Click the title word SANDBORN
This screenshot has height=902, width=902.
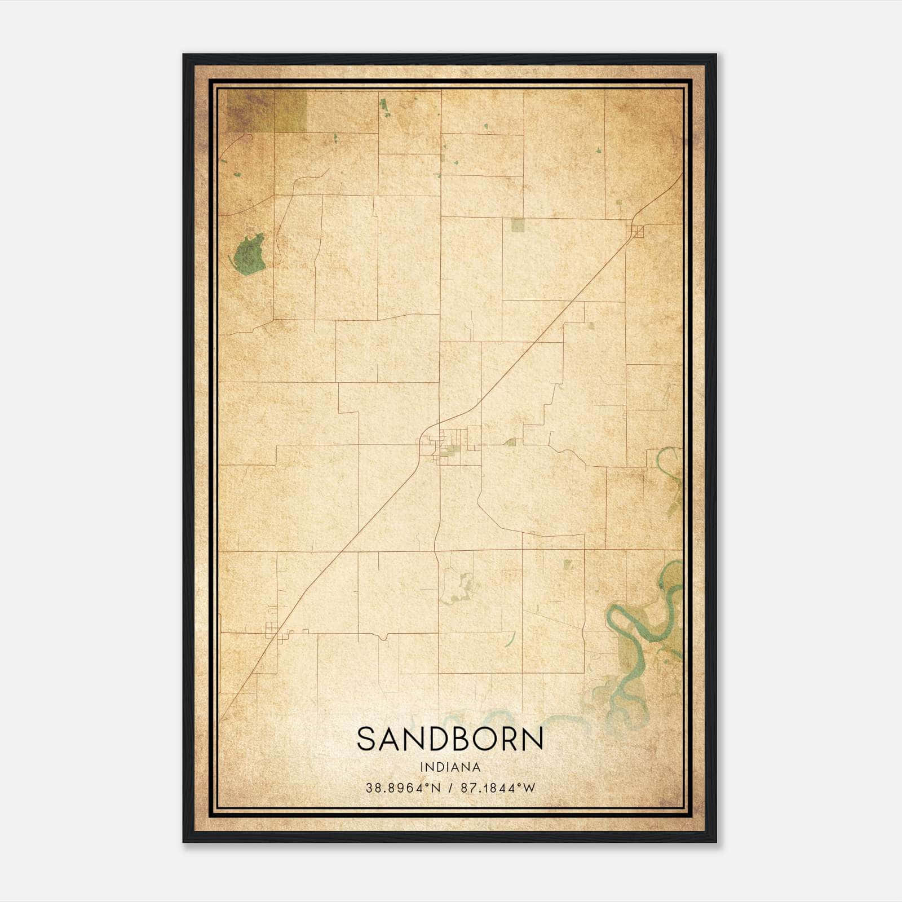pyautogui.click(x=450, y=739)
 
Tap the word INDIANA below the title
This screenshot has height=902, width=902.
pyautogui.click(x=450, y=767)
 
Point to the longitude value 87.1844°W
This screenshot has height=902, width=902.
pyautogui.click(x=498, y=788)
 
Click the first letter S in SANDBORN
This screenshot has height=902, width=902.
pyautogui.click(x=367, y=739)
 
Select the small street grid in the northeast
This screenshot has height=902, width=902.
pyautogui.click(x=637, y=231)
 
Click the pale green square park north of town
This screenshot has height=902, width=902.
pyautogui.click(x=518, y=225)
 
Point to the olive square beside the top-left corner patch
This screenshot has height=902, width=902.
pyautogui.click(x=291, y=111)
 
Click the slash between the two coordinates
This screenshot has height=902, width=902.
pyautogui.click(x=451, y=788)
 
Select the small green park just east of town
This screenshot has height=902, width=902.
pyautogui.click(x=511, y=443)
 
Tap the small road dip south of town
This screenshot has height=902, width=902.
pyautogui.click(x=383, y=636)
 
